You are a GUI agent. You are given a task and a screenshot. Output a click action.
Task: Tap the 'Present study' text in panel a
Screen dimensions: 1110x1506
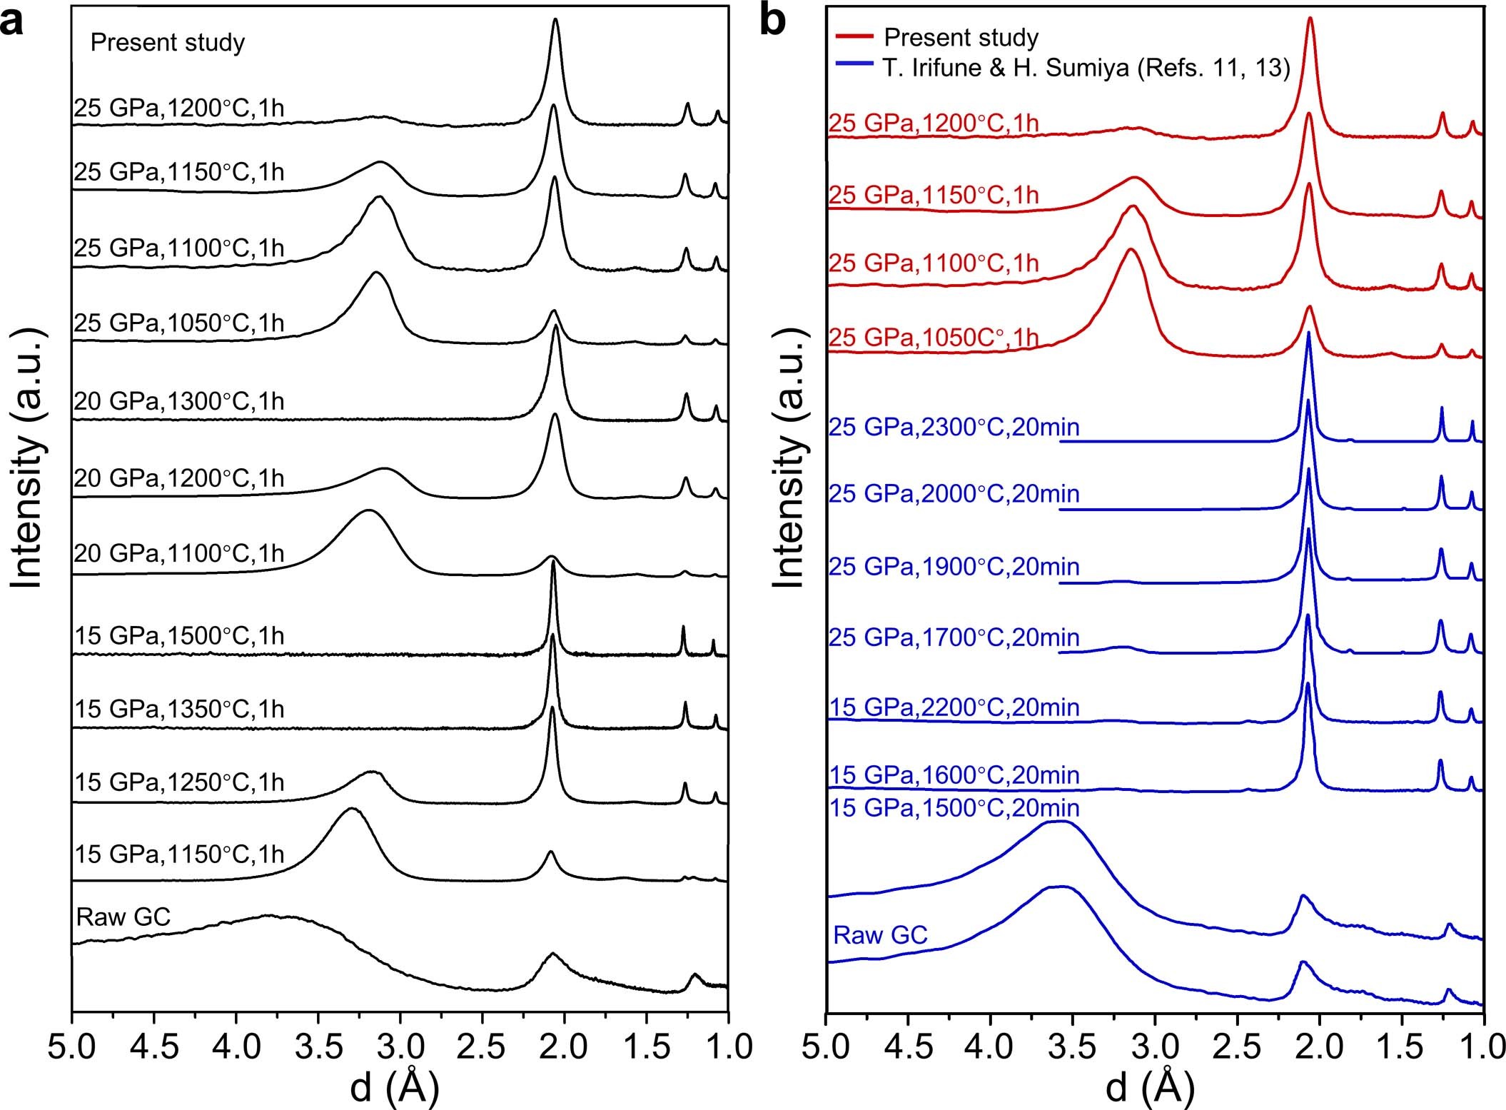click(167, 43)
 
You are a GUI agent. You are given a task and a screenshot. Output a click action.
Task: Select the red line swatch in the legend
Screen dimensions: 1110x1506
click(853, 36)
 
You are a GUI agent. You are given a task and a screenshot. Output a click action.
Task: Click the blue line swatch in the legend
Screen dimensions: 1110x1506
click(853, 66)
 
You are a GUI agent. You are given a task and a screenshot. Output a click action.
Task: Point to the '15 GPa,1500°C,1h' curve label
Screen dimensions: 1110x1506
click(179, 635)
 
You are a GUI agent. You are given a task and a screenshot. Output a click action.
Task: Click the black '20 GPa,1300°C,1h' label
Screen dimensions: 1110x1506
click(179, 401)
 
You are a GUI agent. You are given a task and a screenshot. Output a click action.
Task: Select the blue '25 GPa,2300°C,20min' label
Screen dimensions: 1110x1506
click(954, 427)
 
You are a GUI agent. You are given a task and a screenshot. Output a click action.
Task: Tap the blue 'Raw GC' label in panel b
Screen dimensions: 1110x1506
click(880, 934)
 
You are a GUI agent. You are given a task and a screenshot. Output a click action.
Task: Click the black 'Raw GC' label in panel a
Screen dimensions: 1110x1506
click(123, 917)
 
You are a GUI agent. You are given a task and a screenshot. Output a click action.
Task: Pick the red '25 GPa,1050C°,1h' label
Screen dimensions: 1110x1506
click(933, 337)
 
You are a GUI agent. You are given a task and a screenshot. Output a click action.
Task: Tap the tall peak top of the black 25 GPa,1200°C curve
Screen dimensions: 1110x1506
click(555, 20)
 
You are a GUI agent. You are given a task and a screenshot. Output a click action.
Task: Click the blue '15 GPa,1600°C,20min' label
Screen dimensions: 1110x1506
click(954, 775)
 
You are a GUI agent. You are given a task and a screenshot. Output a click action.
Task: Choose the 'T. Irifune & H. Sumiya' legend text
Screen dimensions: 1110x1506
click(1086, 68)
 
